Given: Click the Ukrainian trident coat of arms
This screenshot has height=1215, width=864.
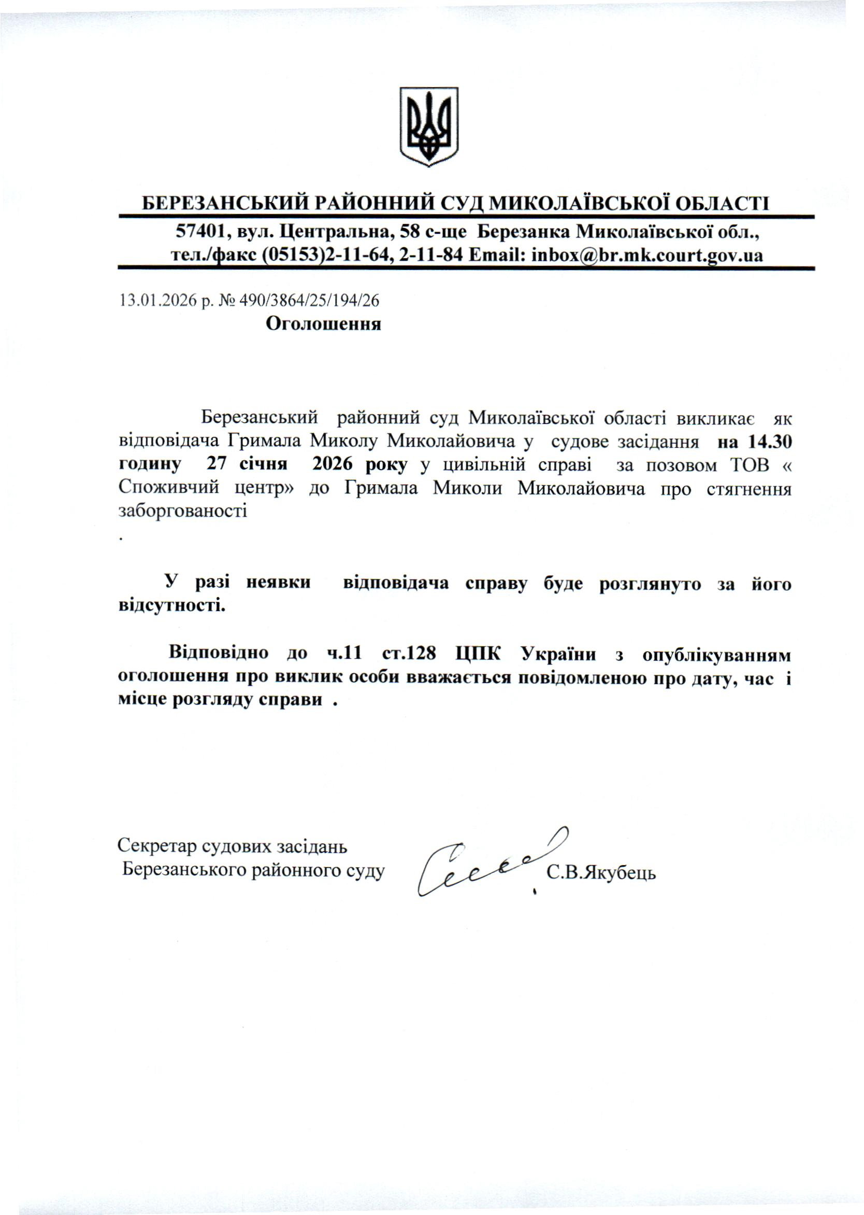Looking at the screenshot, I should [x=428, y=125].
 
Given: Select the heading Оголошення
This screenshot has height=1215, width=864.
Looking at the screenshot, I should [x=323, y=324].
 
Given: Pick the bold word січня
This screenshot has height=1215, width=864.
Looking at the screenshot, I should [x=263, y=464].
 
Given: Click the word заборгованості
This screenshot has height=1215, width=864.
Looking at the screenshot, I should [x=182, y=511].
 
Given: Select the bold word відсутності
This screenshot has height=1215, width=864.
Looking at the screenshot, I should [x=171, y=606].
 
